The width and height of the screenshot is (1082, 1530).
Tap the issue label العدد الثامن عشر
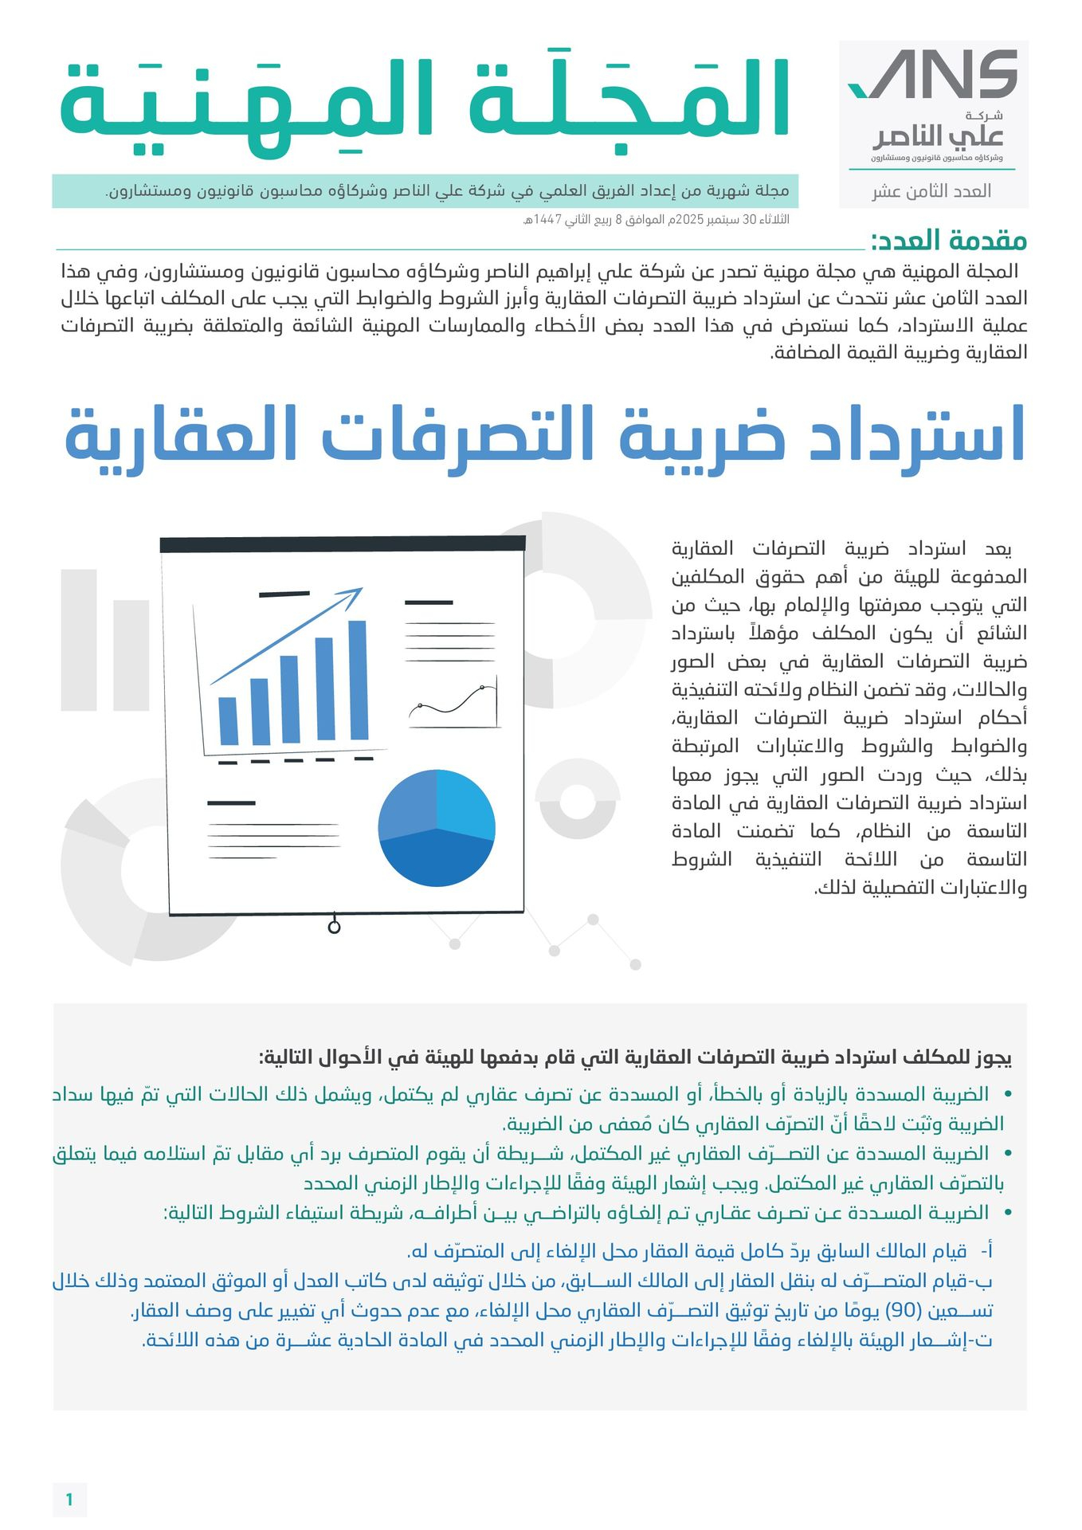pyautogui.click(x=931, y=191)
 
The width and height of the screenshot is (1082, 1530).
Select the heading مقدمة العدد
pyautogui.click(x=948, y=240)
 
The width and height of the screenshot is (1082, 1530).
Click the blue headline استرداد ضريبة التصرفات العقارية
pyautogui.click(x=545, y=436)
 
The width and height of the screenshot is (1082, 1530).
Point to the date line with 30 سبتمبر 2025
pyautogui.click(x=656, y=219)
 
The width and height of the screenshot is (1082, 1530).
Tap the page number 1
pyautogui.click(x=69, y=1500)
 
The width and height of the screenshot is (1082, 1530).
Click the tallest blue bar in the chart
pyautogui.click(x=358, y=680)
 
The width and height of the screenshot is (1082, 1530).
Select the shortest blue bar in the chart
pyautogui.click(x=228, y=720)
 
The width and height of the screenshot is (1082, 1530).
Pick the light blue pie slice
pyautogui.click(x=466, y=801)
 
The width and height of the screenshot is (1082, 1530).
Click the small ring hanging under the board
pyautogui.click(x=334, y=927)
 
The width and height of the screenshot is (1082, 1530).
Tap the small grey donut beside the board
pyautogui.click(x=578, y=799)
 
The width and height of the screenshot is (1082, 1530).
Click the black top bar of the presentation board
pyautogui.click(x=343, y=544)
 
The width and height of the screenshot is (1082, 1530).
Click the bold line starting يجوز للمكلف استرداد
pyautogui.click(x=635, y=1057)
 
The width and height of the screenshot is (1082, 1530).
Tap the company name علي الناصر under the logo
pyautogui.click(x=937, y=136)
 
